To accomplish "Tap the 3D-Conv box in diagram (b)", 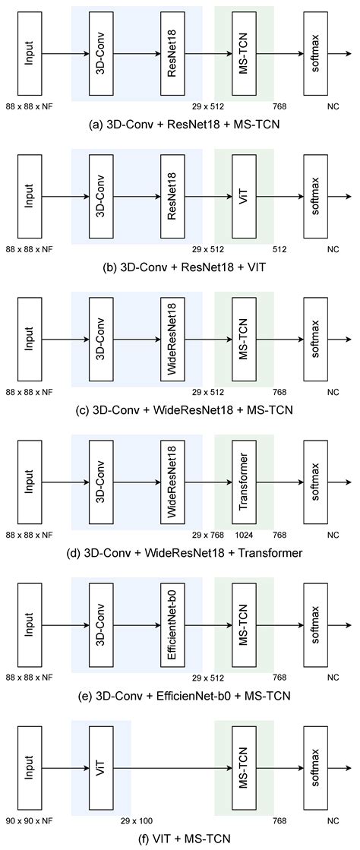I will tap(101, 197).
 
